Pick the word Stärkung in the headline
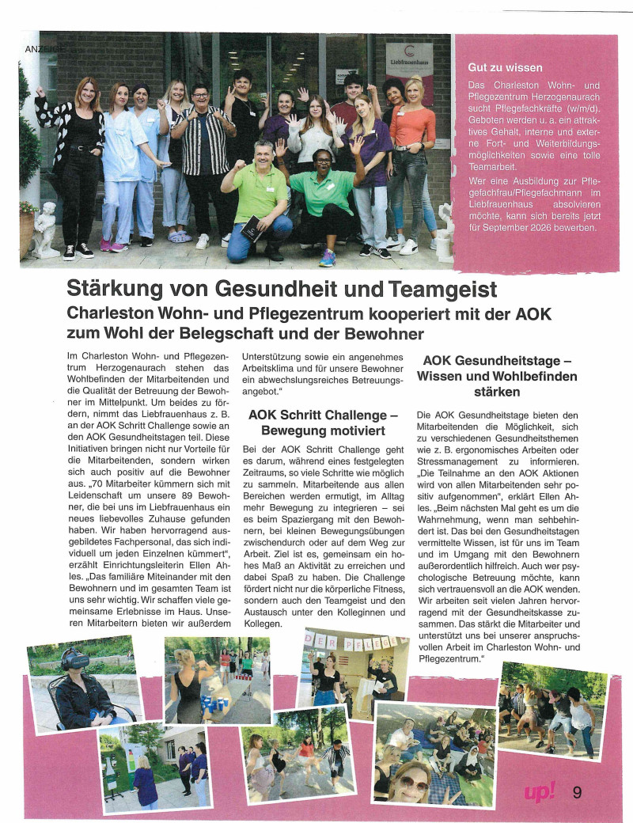119,288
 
